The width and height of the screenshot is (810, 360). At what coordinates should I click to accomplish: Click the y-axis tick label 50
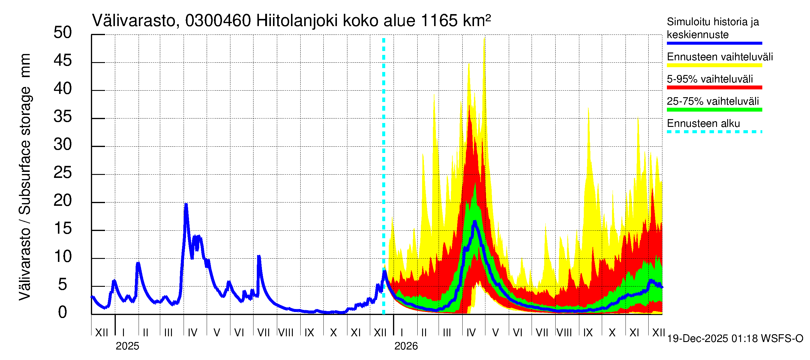pos(63,33)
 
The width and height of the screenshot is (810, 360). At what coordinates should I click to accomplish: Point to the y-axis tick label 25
pos(63,172)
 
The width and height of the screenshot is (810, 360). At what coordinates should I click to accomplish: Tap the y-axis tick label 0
pos(63,313)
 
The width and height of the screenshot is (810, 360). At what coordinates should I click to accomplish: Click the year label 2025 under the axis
pos(127,346)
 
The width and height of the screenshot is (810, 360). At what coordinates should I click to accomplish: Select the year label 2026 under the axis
pos(406,346)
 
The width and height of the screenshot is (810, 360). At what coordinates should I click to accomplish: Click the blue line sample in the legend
pos(714,43)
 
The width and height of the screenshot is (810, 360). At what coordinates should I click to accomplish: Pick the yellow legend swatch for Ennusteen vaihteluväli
pos(714,65)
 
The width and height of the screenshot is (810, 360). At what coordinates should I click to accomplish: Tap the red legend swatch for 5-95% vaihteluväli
pos(714,87)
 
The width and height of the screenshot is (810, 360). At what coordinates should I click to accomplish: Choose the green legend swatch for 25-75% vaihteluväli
pos(714,110)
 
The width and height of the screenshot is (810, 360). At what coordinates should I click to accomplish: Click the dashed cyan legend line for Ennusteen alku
pos(714,132)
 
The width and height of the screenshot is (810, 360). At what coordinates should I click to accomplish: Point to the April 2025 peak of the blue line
pos(186,205)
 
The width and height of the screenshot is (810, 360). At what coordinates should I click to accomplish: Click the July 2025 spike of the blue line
pos(259,256)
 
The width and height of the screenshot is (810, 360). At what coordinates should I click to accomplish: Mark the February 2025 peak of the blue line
pos(138,263)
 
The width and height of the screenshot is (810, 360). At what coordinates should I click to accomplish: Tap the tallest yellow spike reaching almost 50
pos(484,38)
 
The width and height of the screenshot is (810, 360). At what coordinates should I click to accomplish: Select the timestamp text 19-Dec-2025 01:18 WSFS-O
pos(735,339)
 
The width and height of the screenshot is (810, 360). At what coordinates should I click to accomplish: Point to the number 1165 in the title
pos(439,21)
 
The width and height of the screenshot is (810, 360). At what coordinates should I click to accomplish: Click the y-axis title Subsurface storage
pos(25,151)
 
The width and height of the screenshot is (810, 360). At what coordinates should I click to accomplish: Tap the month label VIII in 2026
pos(564,333)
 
